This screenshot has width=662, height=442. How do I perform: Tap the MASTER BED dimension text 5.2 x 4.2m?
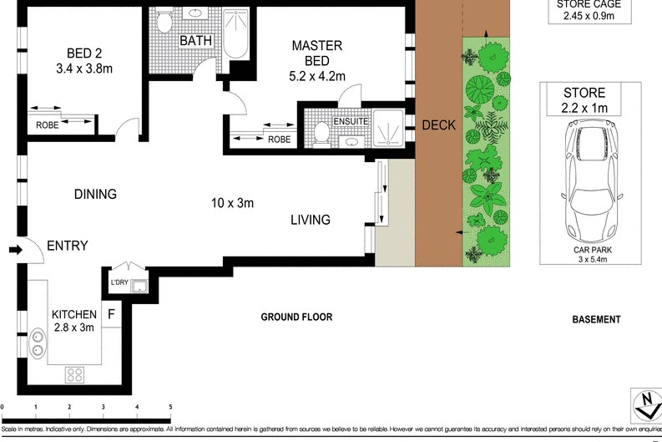pos(317,76)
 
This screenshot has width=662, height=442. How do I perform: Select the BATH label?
pos(195,40)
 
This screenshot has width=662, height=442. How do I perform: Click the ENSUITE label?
pos(351,120)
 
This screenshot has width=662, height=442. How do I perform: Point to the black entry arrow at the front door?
pos(15,249)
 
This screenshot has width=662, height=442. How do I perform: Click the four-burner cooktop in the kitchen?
pos(73,375)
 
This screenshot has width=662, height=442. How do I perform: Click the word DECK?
pos(438,125)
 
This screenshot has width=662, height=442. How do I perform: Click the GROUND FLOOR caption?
pos(296,317)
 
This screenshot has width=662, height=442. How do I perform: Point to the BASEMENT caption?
pos(596,319)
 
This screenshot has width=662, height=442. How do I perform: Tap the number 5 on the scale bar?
pos(171,407)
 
